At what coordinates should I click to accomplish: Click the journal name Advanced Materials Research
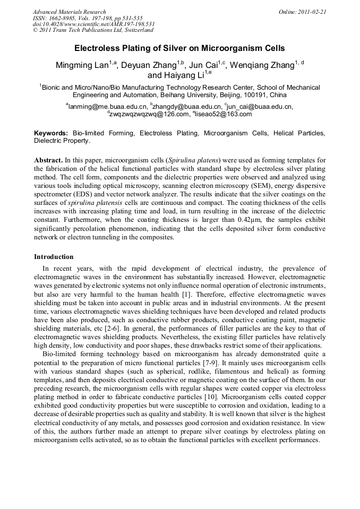point(70,12)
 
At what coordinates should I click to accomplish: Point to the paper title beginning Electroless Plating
point(179,48)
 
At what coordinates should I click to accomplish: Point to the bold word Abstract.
point(48,160)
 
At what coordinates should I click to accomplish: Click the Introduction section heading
point(54,257)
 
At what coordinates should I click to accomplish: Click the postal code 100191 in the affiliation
point(252,96)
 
